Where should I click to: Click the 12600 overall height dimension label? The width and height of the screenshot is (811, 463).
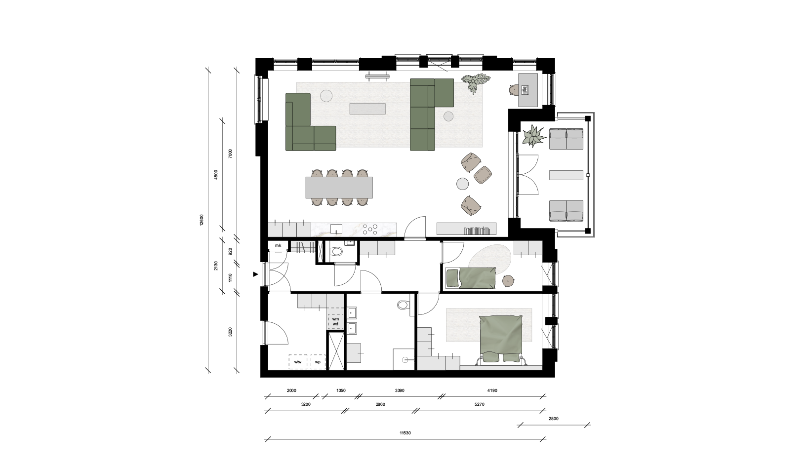(x=202, y=220)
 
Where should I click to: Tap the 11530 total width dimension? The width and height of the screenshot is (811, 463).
(x=405, y=433)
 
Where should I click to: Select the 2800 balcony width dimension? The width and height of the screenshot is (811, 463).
(x=554, y=419)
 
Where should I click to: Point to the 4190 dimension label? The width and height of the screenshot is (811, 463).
(x=492, y=390)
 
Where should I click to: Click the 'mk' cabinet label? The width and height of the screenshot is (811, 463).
(x=278, y=246)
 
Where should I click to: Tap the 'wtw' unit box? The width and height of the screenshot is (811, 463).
(x=298, y=362)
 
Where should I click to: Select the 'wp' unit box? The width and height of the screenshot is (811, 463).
(x=318, y=362)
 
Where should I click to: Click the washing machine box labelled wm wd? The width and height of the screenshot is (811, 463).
(x=336, y=321)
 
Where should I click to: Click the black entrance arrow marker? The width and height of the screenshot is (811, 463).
(x=256, y=274)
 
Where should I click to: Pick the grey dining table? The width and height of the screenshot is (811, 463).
(x=339, y=188)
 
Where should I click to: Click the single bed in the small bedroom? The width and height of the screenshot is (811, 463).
(x=470, y=278)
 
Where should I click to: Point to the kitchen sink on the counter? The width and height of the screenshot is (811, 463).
(x=83, y=230)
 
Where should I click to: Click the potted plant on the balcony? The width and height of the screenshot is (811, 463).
(x=533, y=136)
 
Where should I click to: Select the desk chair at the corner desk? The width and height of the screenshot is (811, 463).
(x=513, y=90)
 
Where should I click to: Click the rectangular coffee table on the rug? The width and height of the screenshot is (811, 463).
(x=367, y=109)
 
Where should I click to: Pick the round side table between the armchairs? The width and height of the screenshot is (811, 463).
(x=462, y=184)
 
